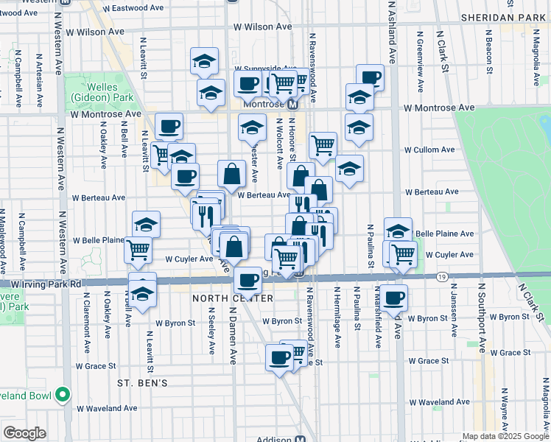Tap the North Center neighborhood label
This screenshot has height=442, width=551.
tap(234, 298)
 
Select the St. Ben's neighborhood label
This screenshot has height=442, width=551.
tap(144, 383)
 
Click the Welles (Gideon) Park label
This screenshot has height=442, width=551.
tap(93, 92)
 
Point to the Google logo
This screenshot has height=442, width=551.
tap(24, 432)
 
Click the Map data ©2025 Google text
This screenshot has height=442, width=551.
tap(505, 436)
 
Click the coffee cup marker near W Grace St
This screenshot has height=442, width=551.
tap(279, 357)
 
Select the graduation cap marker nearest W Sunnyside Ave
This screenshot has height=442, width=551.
tap(205, 61)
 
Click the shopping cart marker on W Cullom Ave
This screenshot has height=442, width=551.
tap(323, 145)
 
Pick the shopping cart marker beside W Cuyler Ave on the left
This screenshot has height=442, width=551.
tap(138, 250)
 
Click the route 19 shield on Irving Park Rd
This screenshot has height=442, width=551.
tap(441, 276)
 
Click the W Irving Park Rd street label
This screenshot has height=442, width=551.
tap(45, 283)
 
